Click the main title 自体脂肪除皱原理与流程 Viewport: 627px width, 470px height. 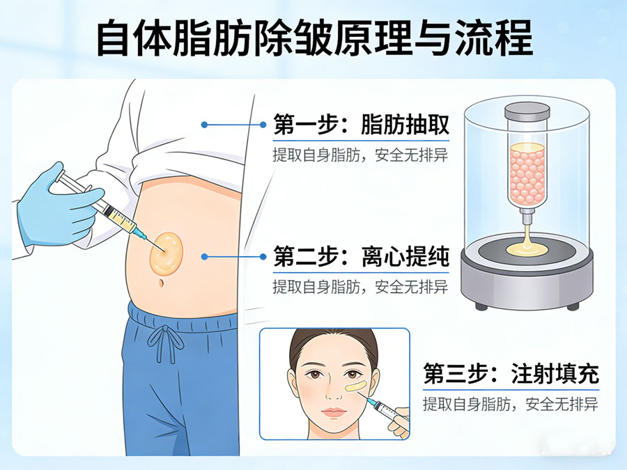[x=313, y=38]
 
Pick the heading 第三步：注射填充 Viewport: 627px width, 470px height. [x=511, y=375]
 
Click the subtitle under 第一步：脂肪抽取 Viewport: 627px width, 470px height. [x=359, y=155]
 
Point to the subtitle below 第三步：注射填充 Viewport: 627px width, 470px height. [x=510, y=404]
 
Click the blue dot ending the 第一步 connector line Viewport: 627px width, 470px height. [x=204, y=125]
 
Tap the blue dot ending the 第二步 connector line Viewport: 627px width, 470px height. [x=204, y=256]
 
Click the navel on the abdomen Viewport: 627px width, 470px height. [x=162, y=283]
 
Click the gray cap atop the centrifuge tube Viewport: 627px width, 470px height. [x=527, y=112]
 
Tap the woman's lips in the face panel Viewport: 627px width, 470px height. [x=334, y=412]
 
